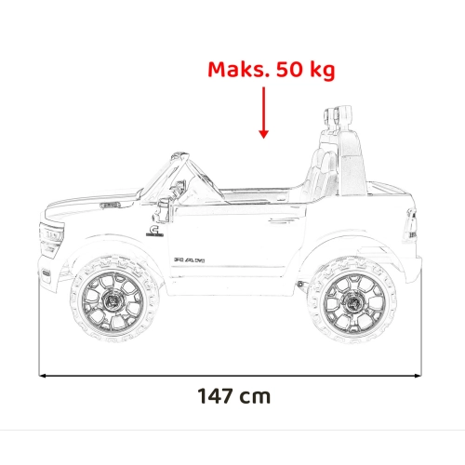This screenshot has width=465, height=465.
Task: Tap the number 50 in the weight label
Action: click(289, 70)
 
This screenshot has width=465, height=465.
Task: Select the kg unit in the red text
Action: click(323, 71)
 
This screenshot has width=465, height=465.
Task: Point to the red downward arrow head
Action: click(264, 134)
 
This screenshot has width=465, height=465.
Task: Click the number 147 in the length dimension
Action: click(215, 396)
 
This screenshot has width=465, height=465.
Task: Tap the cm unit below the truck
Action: click(255, 398)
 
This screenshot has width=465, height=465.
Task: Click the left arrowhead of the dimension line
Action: click(44, 376)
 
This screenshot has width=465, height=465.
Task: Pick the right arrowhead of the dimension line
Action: click(418, 376)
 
